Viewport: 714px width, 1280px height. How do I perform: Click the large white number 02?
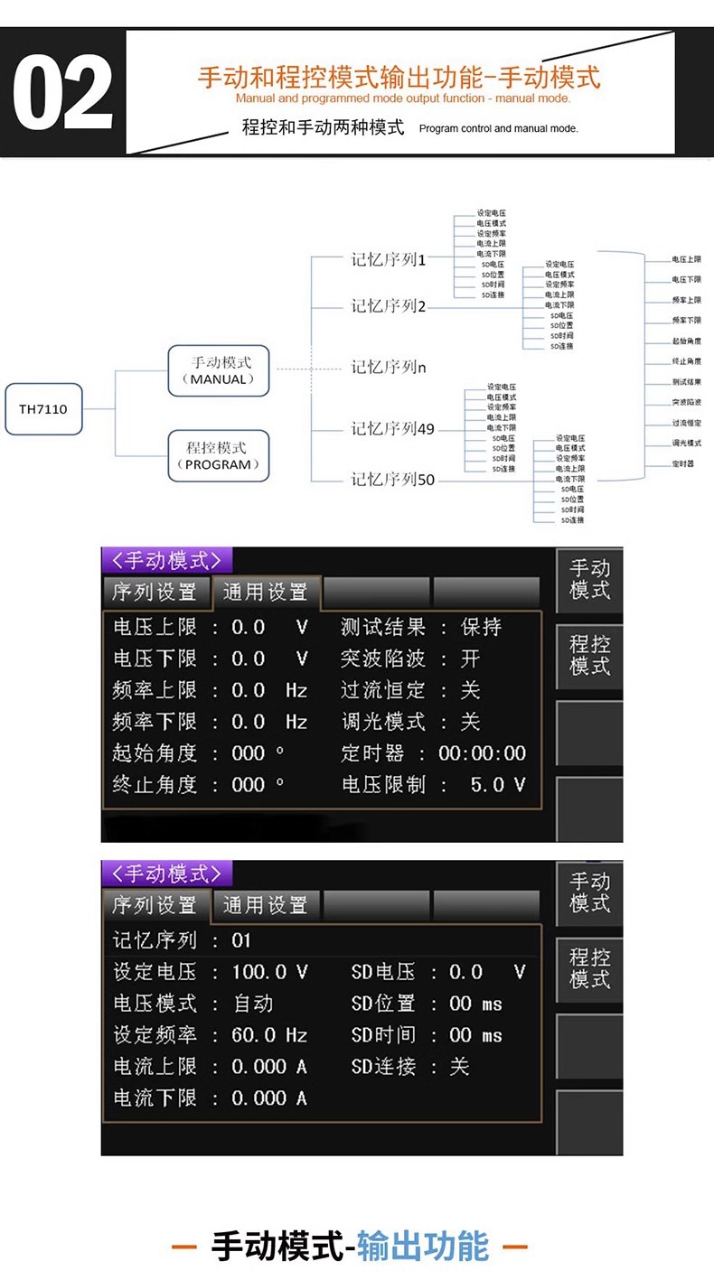click(63, 93)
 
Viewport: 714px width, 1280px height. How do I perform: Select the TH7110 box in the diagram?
click(43, 408)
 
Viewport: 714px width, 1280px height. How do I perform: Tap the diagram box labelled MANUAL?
click(218, 370)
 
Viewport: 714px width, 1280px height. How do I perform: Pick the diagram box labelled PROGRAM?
click(218, 455)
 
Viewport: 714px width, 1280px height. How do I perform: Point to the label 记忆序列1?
click(388, 259)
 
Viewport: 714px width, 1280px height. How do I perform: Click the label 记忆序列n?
click(388, 367)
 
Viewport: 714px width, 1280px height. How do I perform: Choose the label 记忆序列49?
click(392, 428)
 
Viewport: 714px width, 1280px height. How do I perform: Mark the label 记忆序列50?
click(392, 480)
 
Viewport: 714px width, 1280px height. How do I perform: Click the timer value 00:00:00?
click(482, 753)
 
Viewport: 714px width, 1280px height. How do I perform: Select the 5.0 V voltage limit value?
click(497, 785)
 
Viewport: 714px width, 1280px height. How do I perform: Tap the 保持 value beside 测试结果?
click(481, 627)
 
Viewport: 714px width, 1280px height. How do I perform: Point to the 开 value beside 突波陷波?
click(470, 659)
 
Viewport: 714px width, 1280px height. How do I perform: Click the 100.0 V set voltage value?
click(269, 972)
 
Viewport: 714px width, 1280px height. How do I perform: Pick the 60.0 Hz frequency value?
click(269, 1035)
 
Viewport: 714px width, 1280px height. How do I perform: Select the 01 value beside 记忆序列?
click(241, 940)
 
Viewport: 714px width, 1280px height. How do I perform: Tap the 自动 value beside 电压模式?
click(253, 1004)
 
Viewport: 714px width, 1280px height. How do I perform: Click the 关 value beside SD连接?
click(459, 1067)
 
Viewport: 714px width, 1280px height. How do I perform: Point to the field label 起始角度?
click(154, 753)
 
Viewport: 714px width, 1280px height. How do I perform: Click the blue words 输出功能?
click(422, 1246)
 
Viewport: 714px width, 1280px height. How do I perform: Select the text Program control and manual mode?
click(498, 128)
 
